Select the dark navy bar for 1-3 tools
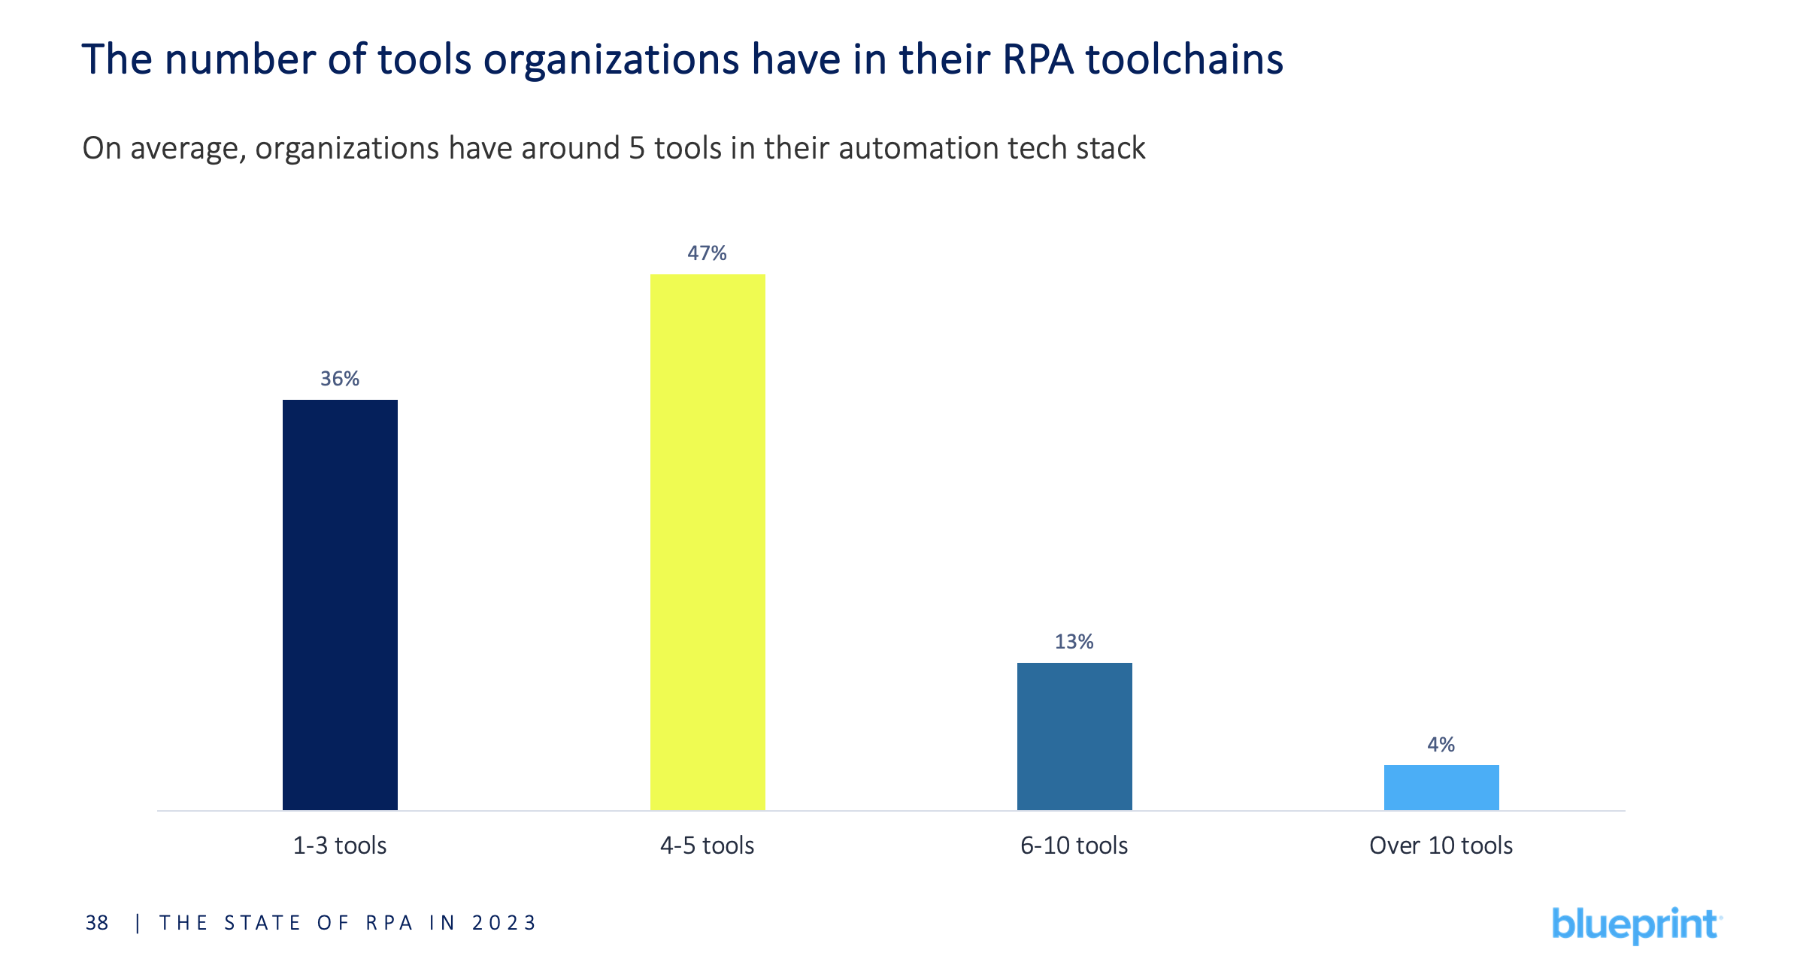340,605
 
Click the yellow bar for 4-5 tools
708,542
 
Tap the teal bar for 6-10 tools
1074,736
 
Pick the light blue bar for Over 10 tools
1441,787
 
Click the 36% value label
340,379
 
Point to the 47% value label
707,253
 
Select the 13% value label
1074,642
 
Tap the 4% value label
1441,745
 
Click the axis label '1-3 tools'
340,845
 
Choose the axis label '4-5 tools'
707,845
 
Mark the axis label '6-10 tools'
1074,845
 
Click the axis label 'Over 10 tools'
1441,845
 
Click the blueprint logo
1636,925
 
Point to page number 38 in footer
97,923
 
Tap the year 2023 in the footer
504,923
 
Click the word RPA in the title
1038,59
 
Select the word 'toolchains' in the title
1184,59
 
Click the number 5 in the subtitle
637,148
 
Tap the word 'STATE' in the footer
262,923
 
